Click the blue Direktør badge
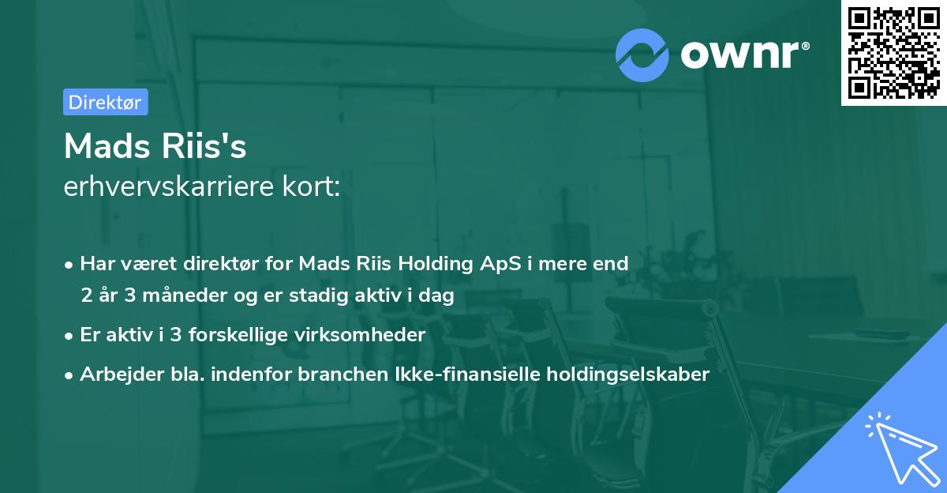[x=105, y=102]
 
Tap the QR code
[x=893, y=53]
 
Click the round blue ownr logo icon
[x=642, y=55]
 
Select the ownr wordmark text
[x=744, y=55]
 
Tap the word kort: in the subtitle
[x=315, y=187]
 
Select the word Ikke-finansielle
[x=466, y=374]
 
